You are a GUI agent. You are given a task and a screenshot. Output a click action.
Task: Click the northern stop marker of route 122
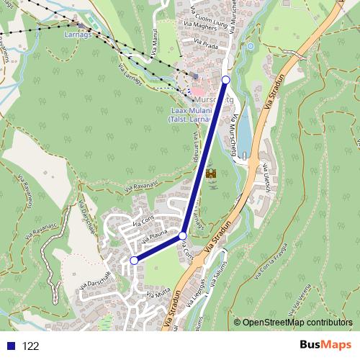226,79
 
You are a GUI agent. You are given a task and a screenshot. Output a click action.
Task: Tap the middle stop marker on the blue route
183,236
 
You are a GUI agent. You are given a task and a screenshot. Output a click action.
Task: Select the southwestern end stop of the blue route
134,260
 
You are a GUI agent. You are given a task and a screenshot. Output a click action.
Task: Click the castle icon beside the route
212,174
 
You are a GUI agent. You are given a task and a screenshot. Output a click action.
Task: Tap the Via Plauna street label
154,237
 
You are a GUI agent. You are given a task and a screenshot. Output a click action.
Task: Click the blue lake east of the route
243,133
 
